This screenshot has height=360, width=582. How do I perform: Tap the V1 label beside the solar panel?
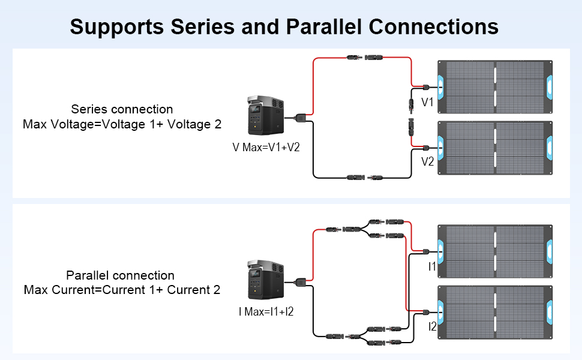[427, 103]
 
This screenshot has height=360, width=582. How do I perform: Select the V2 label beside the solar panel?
[427, 161]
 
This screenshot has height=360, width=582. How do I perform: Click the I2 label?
[432, 326]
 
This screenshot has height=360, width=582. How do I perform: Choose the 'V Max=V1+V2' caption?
[266, 147]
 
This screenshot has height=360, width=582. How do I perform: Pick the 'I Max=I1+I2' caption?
[266, 311]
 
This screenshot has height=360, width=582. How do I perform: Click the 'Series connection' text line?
[122, 109]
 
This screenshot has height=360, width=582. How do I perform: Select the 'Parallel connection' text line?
[121, 275]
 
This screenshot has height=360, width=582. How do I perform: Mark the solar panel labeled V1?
[495, 85]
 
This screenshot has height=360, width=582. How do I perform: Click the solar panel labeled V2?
[495, 148]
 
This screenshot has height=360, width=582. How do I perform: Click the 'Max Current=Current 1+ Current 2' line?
[122, 290]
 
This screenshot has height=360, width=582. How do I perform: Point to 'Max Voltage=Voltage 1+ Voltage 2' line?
[122, 124]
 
